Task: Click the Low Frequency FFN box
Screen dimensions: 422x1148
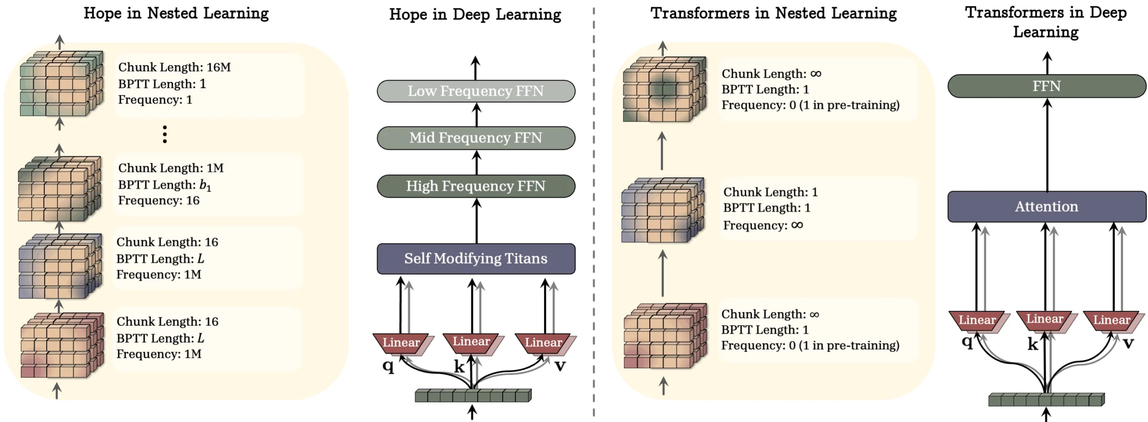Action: [x=475, y=91]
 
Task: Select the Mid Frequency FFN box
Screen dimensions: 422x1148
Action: [x=475, y=138]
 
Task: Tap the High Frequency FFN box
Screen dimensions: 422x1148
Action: [x=475, y=186]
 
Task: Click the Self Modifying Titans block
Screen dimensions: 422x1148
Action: [x=475, y=258]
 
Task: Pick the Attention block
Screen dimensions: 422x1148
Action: [x=1046, y=206]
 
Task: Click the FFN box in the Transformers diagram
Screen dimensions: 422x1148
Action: [x=1046, y=86]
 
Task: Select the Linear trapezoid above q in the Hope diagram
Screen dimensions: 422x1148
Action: [x=400, y=343]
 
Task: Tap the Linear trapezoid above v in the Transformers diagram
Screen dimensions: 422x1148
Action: [x=1111, y=320]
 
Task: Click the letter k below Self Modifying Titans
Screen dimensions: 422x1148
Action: [x=459, y=366]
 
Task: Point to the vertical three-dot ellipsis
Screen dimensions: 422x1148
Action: [x=165, y=134]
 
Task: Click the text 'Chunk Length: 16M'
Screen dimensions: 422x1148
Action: [x=174, y=67]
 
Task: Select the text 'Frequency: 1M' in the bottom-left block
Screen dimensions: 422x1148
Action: [x=159, y=354]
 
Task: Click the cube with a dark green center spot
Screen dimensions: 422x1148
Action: [x=664, y=89]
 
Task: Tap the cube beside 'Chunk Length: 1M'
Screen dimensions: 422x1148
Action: [x=60, y=189]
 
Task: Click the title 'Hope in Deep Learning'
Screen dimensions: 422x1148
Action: [x=474, y=14]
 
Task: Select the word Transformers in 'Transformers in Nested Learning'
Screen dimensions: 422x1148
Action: [x=700, y=13]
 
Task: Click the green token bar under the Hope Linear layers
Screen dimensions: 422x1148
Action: [x=473, y=395]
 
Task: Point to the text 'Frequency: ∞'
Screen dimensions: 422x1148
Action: [x=762, y=225]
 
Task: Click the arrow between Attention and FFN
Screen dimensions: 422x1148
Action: [x=1047, y=144]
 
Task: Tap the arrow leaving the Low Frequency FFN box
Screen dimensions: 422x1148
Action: [x=475, y=68]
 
